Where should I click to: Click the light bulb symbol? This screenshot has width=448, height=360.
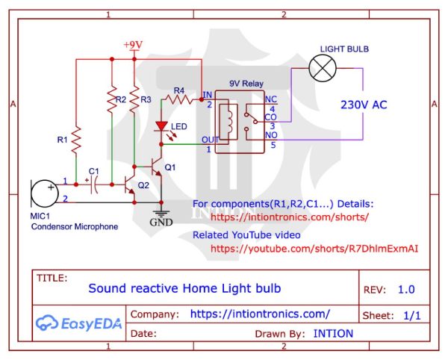click(323, 69)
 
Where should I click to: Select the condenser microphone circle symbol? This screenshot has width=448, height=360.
click(44, 193)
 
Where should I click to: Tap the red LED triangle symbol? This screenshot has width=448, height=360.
click(161, 126)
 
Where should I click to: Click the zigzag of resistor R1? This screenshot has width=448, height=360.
click(76, 140)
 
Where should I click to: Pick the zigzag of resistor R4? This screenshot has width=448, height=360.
click(179, 100)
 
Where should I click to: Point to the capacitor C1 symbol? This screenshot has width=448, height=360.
click(93, 184)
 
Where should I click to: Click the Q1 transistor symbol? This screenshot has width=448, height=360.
click(156, 166)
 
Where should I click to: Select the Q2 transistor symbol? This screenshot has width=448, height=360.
click(129, 184)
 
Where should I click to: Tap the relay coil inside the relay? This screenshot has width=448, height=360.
click(228, 122)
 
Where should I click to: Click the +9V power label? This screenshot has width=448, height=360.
click(133, 45)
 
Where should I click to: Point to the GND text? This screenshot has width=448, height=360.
click(161, 223)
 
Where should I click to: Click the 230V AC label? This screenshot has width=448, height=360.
click(364, 105)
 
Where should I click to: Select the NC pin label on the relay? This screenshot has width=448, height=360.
click(271, 99)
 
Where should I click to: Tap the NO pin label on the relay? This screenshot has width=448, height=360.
click(271, 135)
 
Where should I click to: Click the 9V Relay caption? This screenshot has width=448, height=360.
click(246, 84)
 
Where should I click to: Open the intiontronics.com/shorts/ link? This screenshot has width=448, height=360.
click(290, 217)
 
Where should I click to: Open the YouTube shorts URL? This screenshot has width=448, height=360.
click(314, 249)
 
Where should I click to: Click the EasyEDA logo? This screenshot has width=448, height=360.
click(79, 323)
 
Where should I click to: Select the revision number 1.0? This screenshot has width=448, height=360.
click(406, 290)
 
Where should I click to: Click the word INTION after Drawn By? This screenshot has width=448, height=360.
click(333, 334)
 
